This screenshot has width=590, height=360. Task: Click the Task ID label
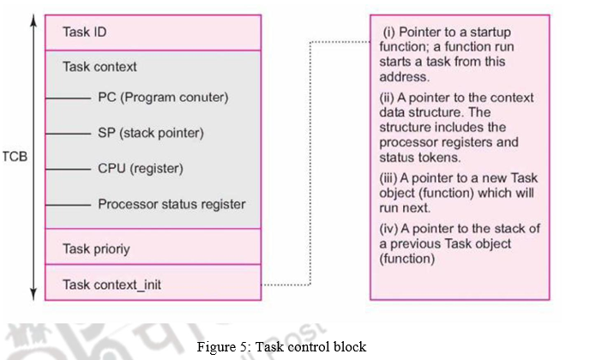click(x=85, y=32)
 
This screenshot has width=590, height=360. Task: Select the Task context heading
click(x=99, y=66)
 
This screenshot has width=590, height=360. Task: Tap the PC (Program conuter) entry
click(x=163, y=97)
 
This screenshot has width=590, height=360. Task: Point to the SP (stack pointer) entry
click(x=151, y=133)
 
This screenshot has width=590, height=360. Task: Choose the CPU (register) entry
click(x=141, y=168)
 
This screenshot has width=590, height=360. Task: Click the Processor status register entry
click(x=172, y=204)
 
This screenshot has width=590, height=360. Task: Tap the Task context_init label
click(x=111, y=284)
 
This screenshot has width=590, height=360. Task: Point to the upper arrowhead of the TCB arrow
click(x=33, y=18)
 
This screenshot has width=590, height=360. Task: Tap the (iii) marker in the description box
click(x=390, y=178)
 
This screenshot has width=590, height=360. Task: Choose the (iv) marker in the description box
click(x=390, y=228)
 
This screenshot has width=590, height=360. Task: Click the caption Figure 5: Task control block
click(x=280, y=346)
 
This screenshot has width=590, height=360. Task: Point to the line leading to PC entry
click(x=67, y=98)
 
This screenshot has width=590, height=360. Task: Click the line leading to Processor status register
click(x=67, y=204)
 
